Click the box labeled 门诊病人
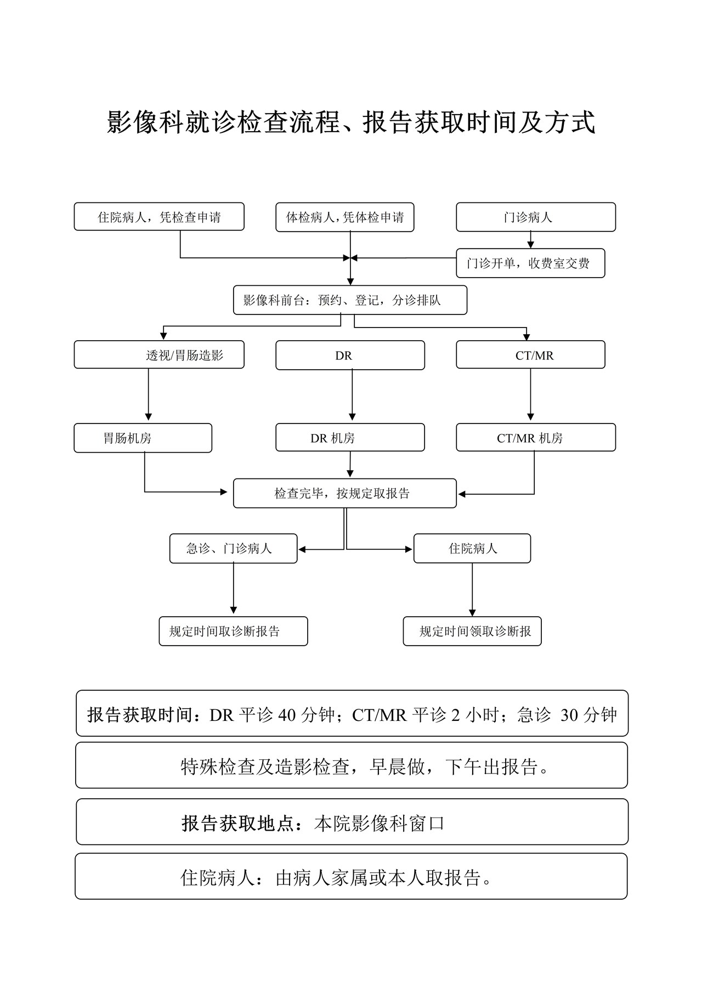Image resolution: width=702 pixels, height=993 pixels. click(x=536, y=217)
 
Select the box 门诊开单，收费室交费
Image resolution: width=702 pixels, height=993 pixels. click(x=530, y=263)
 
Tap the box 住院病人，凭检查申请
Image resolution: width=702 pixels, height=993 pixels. click(x=159, y=217)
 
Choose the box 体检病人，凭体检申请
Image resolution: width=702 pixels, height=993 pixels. click(x=345, y=217)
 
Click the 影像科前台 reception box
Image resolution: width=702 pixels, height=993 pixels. click(x=350, y=300)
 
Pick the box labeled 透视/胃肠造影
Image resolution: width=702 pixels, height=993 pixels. click(x=159, y=355)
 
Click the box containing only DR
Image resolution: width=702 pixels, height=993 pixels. click(x=350, y=356)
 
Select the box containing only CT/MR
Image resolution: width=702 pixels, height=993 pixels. click(x=530, y=355)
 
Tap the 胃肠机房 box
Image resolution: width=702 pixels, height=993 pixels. click(x=143, y=438)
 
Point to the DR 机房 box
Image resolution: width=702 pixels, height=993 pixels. click(x=350, y=437)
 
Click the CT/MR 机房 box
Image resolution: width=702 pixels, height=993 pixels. click(x=536, y=437)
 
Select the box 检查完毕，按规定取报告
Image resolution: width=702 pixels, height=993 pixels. click(x=345, y=493)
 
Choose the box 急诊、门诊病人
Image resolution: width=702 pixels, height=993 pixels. click(x=234, y=549)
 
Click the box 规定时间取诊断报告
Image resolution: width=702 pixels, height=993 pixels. click(x=234, y=631)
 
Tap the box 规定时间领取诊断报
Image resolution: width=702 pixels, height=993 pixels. click(x=472, y=631)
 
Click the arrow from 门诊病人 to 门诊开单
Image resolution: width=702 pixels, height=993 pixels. click(x=530, y=240)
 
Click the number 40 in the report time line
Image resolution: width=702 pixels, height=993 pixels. click(x=287, y=715)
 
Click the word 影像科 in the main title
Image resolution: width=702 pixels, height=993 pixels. click(x=145, y=122)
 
